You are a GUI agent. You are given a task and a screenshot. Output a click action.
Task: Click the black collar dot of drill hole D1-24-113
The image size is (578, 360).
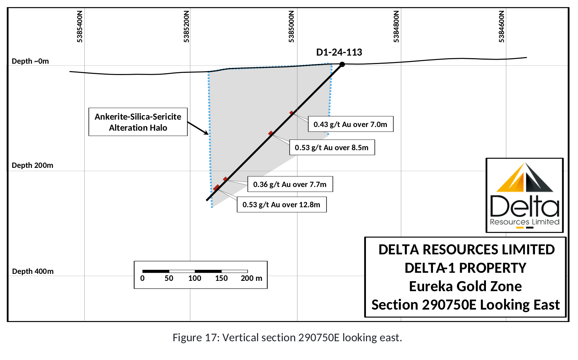(342, 64)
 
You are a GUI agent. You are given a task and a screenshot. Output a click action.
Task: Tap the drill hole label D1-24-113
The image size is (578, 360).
(339, 52)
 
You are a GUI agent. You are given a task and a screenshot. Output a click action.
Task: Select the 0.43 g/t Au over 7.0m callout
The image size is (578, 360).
(351, 124)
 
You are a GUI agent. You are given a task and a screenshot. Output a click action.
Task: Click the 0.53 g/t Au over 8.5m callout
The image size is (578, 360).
(332, 147)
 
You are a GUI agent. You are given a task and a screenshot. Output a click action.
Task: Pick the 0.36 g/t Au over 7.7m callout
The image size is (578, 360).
(290, 184)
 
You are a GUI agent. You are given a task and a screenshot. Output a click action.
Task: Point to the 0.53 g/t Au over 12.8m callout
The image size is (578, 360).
(282, 205)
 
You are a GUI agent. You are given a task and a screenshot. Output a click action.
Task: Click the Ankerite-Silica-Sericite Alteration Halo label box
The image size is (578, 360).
(138, 122)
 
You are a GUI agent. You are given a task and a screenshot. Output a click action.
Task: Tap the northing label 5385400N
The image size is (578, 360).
(80, 27)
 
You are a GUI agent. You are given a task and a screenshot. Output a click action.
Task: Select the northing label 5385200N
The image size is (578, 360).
(187, 27)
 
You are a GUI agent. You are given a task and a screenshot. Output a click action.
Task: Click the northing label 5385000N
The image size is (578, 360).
(291, 27)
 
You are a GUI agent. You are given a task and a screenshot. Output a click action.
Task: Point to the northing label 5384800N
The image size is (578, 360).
(397, 27)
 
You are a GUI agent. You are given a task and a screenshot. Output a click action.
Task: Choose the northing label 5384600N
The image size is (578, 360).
(501, 27)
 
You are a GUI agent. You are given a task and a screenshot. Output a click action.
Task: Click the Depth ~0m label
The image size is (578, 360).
(30, 61)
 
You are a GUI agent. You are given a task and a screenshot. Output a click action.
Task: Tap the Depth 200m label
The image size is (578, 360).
(32, 165)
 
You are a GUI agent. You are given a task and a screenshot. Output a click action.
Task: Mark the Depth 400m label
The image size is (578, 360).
(33, 271)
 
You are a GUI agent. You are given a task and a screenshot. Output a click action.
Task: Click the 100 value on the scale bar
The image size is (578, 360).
(194, 278)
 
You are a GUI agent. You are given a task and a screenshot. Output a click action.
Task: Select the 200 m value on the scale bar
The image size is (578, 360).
(251, 278)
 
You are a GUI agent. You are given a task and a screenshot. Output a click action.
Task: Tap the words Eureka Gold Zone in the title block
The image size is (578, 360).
(465, 286)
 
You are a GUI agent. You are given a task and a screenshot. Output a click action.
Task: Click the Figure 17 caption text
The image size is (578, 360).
(287, 338)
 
